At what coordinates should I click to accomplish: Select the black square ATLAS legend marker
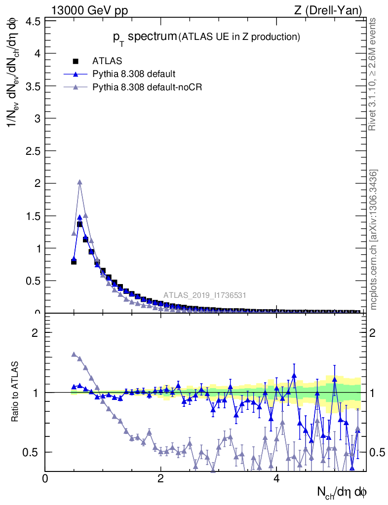click(x=76, y=61)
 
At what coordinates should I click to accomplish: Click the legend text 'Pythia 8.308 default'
click(x=134, y=74)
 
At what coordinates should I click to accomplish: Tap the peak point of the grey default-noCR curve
click(x=79, y=182)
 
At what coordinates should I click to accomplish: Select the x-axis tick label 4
click(x=276, y=479)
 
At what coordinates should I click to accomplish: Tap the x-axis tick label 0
click(x=45, y=479)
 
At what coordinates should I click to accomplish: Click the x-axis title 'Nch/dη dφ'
click(x=342, y=492)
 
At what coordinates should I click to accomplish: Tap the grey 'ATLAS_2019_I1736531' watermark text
click(x=205, y=295)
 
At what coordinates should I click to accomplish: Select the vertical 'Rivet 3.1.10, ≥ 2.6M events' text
click(x=373, y=74)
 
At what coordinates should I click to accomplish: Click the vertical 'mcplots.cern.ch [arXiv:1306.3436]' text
click(x=374, y=240)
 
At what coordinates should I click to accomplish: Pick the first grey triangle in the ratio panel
click(x=74, y=355)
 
